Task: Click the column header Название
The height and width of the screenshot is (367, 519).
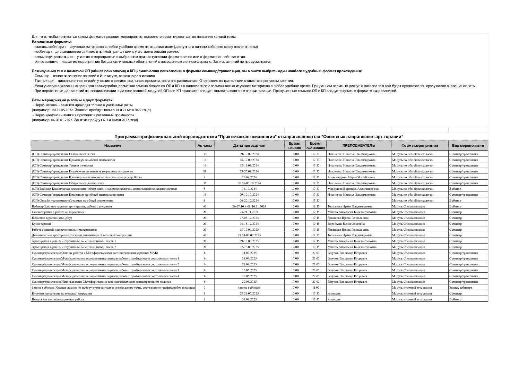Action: point(113,145)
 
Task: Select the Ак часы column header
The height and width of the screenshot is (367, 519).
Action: point(204,145)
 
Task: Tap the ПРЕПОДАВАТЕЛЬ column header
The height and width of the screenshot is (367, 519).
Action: point(358,145)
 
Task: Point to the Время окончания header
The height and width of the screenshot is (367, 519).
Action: point(315,145)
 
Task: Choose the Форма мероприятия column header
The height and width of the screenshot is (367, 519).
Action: point(419,145)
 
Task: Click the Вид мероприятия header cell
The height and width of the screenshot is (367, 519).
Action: point(468,145)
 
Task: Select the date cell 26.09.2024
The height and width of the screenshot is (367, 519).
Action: point(249,177)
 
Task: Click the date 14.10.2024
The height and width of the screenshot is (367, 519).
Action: point(249,189)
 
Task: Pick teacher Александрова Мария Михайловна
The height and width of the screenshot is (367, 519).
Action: point(351,177)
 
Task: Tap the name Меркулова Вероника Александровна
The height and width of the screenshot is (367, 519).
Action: point(353,189)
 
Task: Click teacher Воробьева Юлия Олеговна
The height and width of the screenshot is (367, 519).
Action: point(346,224)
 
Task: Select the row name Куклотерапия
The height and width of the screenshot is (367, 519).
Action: point(42,224)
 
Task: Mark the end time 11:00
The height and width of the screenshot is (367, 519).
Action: point(315,288)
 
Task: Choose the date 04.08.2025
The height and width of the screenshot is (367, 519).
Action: point(249,299)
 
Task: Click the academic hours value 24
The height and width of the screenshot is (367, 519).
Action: point(204,171)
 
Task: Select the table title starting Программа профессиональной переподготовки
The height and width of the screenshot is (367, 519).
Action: point(259,136)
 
